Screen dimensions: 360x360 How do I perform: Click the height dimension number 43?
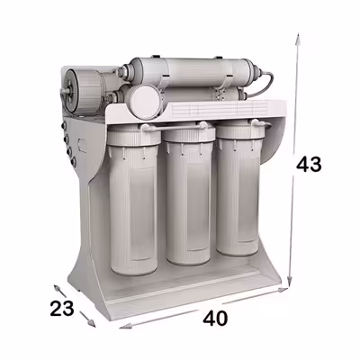[310, 165]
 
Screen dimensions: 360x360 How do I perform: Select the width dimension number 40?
[215, 318]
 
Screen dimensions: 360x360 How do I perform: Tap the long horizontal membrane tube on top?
[189, 71]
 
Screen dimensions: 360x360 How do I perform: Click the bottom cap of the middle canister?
[185, 256]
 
